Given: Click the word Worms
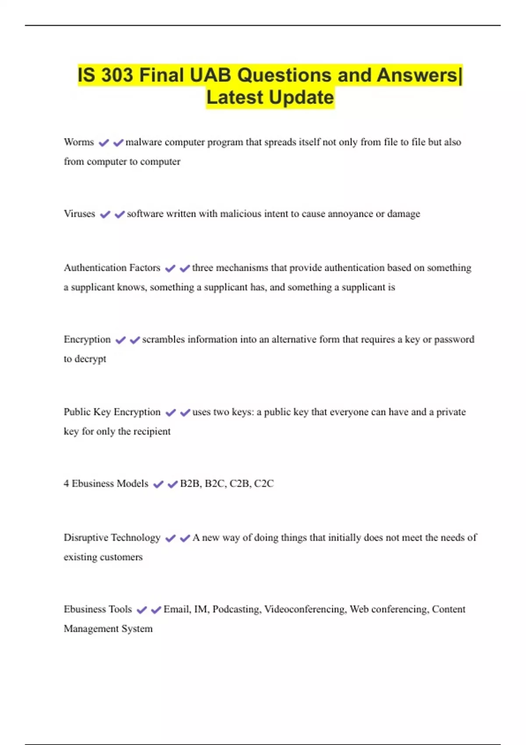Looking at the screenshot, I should [79, 142].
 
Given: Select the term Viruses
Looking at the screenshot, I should [79, 214].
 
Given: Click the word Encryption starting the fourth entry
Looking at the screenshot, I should [87, 340].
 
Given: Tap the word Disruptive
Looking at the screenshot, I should [85, 538].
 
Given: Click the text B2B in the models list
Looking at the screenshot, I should [190, 484].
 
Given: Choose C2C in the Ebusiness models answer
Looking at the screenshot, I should [264, 484].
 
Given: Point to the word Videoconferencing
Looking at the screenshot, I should [305, 610].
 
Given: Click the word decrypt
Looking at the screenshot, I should [90, 359].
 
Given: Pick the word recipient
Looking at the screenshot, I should [152, 432].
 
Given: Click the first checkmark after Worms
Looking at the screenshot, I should [104, 143].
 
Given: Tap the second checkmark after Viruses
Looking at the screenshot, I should [120, 215].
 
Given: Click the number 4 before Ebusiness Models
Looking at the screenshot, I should [66, 484].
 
